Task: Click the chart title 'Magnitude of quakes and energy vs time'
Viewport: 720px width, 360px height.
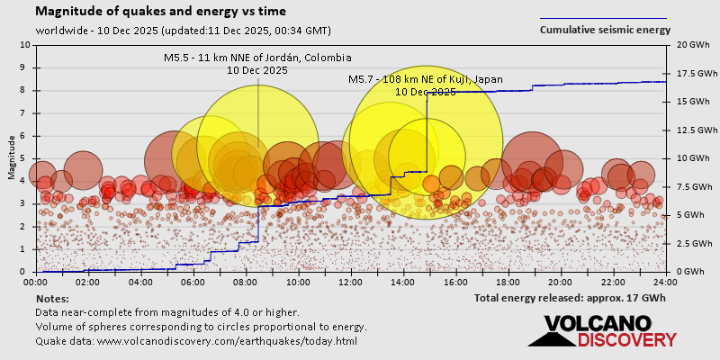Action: pos(161,12)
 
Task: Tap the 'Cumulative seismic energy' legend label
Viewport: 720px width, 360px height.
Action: pos(605,30)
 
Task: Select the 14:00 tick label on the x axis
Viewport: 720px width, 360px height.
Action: pos(402,282)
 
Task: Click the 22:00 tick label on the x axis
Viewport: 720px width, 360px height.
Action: pos(613,282)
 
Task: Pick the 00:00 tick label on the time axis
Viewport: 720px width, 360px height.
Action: pos(35,282)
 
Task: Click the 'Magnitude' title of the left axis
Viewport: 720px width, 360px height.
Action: pos(12,157)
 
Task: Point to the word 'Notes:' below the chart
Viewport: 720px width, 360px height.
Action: pos(51,298)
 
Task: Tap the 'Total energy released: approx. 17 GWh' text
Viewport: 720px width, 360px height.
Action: pos(570,298)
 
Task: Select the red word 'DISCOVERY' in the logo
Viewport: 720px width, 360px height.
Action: pos(626,340)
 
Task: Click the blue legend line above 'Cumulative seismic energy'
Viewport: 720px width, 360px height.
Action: pos(603,17)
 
